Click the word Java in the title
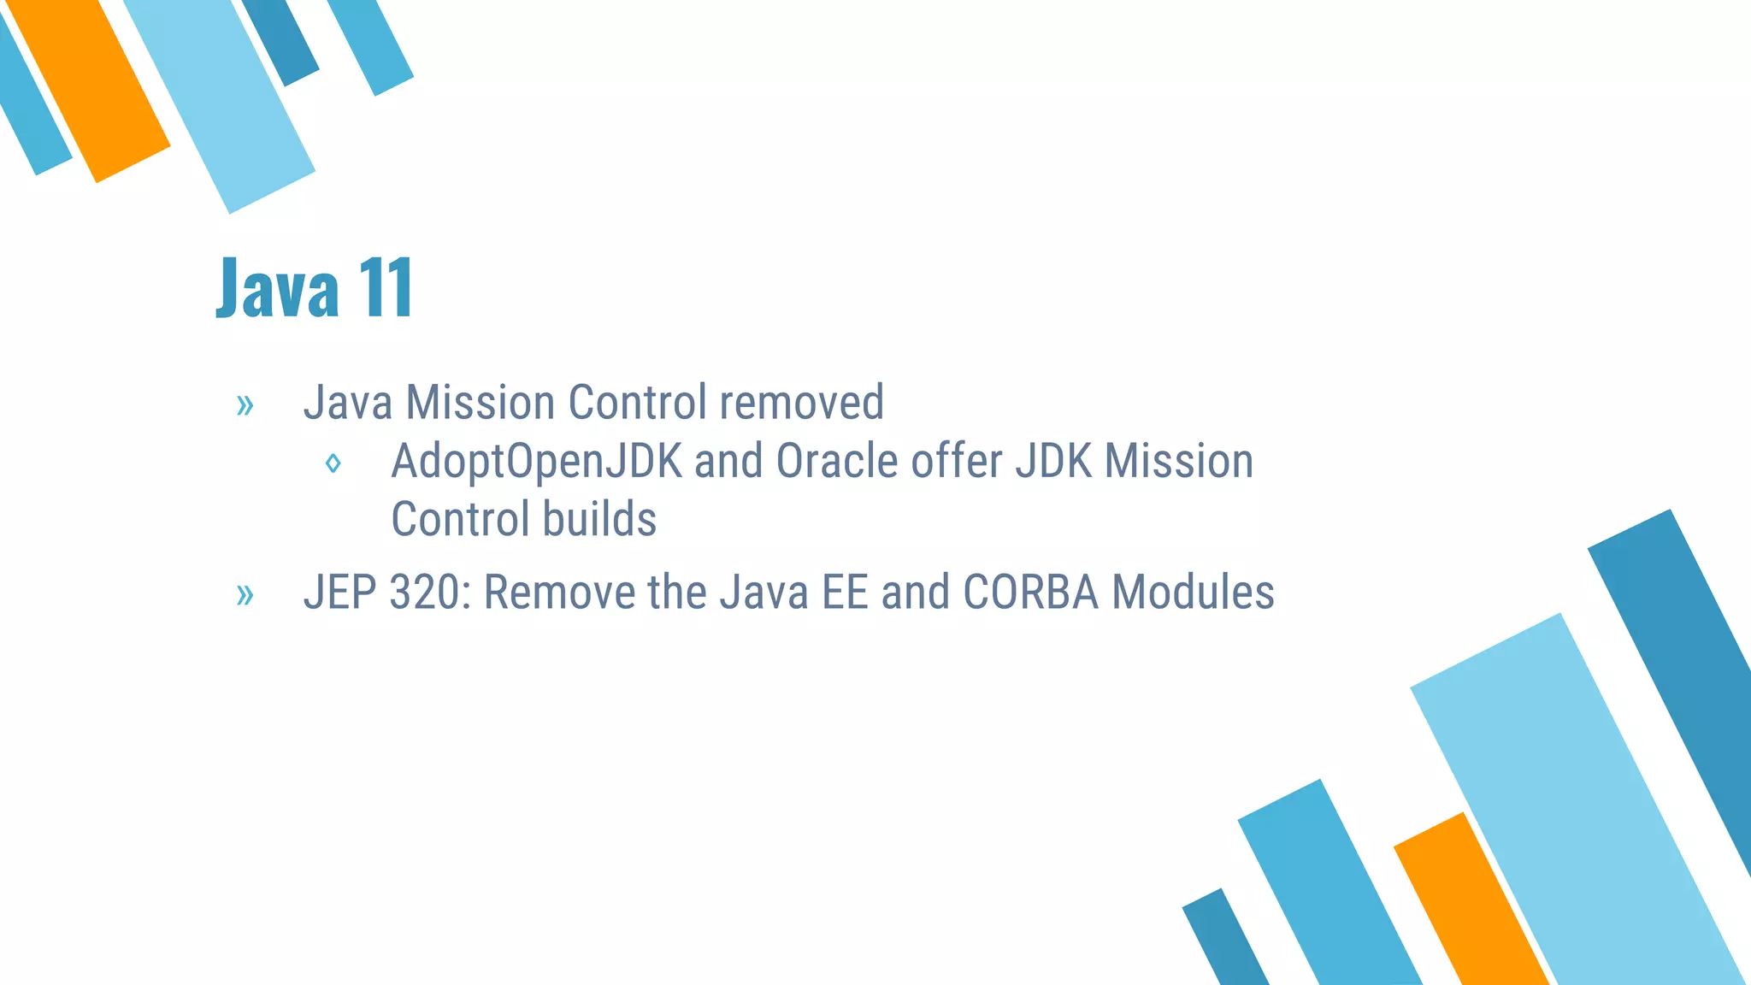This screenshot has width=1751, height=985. coord(278,288)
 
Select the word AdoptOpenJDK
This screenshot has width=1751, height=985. coord(536,462)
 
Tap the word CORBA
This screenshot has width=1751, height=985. coord(1030,592)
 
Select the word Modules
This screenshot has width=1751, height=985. coord(1193,592)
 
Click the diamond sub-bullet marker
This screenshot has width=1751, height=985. coord(333,463)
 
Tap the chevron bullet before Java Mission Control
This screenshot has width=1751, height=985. coord(245,405)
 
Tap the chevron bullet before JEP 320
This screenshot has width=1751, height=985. coord(245,594)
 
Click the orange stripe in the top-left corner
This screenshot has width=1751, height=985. coord(90,90)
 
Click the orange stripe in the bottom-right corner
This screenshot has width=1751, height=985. coord(1471,906)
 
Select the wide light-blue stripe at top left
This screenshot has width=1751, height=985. coord(221,103)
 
